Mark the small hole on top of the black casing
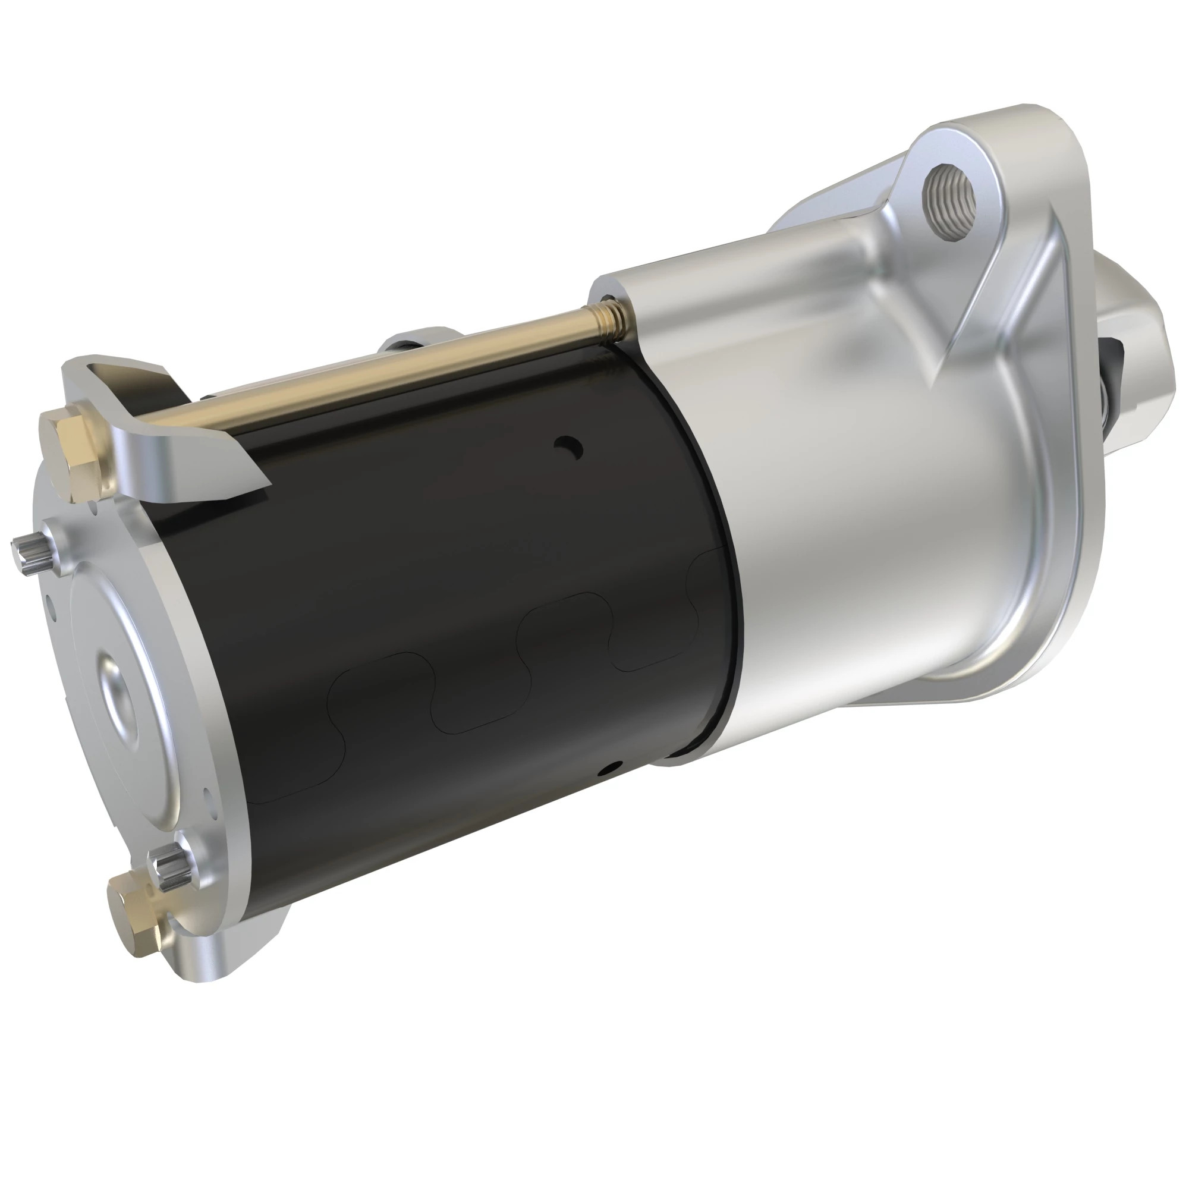click(567, 444)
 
